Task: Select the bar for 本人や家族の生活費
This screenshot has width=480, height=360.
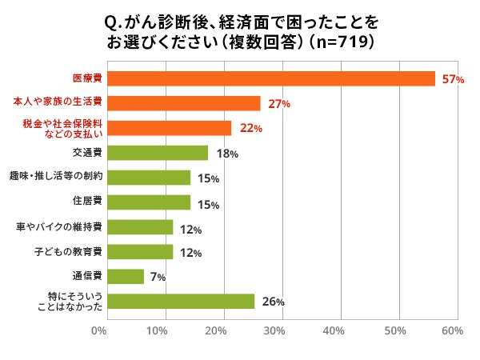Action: coord(183,103)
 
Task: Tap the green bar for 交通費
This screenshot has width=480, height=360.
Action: coord(157,153)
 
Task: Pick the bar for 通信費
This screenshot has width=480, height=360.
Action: coord(125,277)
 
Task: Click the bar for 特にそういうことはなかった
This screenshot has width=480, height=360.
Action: coord(180,302)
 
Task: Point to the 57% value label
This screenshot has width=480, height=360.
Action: coord(452,79)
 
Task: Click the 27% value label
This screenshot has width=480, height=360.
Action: coord(278,104)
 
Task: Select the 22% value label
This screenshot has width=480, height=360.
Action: coord(248,129)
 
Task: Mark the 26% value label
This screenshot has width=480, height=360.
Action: coord(272,302)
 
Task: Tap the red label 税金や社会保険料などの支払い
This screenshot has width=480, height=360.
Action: coord(62,128)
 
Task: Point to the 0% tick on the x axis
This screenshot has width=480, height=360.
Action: coord(99,330)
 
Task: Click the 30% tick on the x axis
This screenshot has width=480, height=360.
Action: coord(275,330)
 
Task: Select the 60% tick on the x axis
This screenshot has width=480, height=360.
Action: coord(452,330)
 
